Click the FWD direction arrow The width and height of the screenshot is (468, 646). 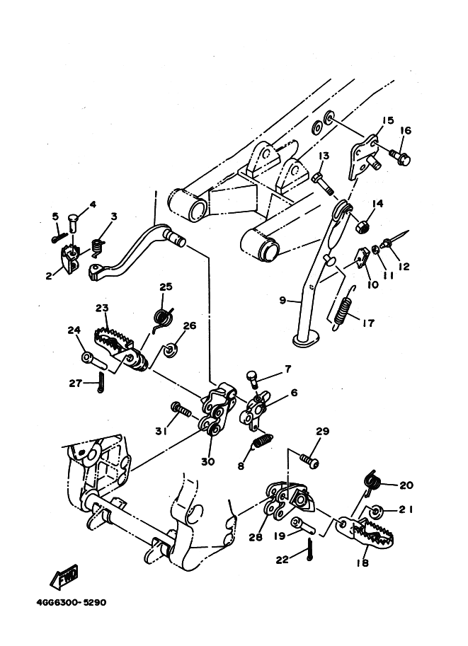64,575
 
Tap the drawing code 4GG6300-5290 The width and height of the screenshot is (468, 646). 72,602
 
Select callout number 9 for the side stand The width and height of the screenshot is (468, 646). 282,300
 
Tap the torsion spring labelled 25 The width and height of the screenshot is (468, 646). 162,319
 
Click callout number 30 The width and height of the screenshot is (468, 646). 208,461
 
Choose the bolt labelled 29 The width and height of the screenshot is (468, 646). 309,460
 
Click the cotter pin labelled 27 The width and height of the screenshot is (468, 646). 101,382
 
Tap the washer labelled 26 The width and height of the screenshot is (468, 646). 170,351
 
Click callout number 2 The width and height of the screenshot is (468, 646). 49,276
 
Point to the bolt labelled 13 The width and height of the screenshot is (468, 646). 324,184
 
